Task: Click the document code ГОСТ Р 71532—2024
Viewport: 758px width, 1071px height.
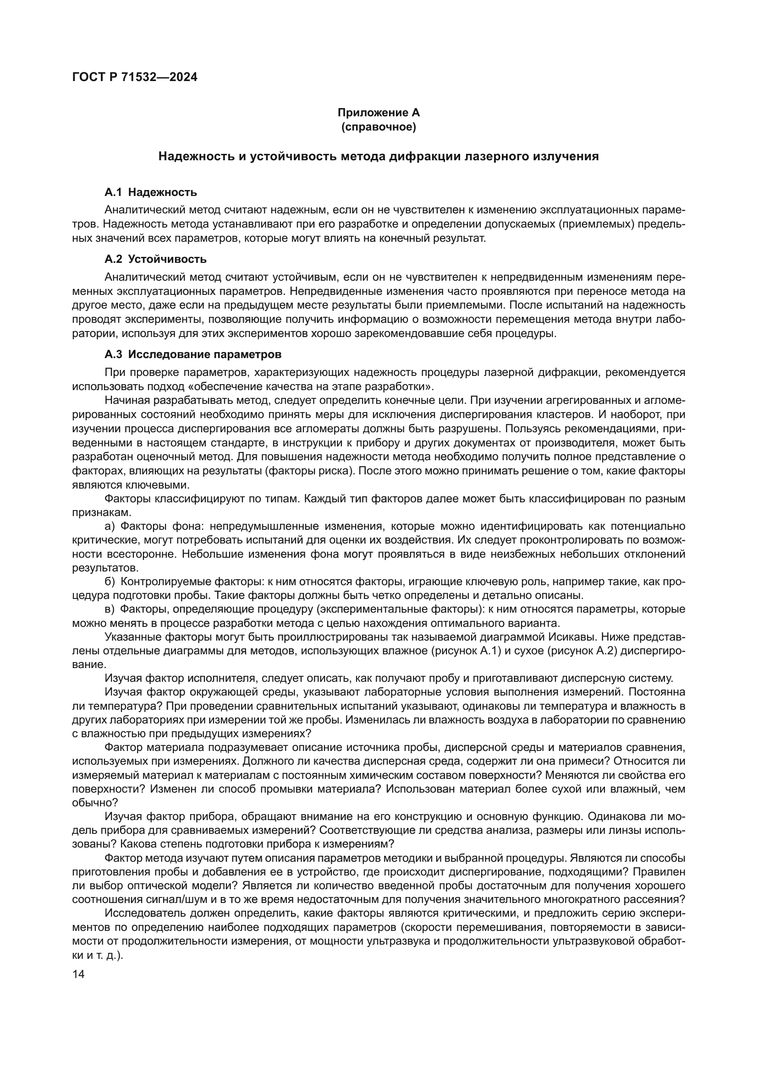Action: coord(135,77)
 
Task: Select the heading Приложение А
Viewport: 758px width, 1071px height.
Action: coord(379,113)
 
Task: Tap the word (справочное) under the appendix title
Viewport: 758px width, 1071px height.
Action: coord(379,127)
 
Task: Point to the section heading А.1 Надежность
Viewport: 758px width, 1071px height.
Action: coord(151,192)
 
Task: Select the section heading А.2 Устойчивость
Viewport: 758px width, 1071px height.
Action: coord(155,259)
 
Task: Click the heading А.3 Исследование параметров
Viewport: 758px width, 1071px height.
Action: coord(193,354)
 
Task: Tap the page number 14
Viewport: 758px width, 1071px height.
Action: coord(78,974)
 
